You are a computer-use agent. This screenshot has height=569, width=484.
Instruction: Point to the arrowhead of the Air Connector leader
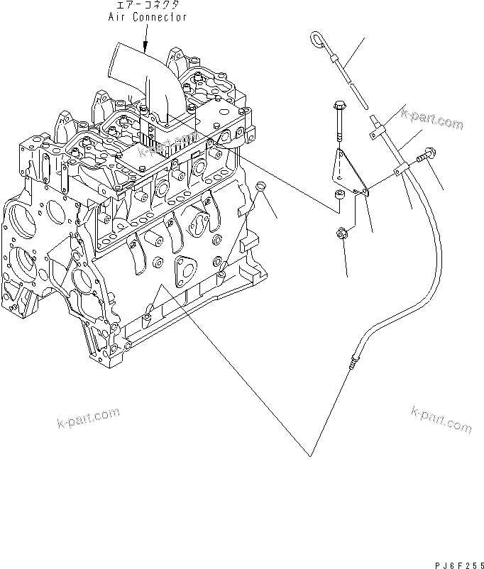(144, 53)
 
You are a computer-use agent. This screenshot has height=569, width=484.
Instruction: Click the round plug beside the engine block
(260, 187)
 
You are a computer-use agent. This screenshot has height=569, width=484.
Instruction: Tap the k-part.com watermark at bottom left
(87, 419)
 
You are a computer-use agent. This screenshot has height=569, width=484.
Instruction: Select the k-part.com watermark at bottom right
(440, 419)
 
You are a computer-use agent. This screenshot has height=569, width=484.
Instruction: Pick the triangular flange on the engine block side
(186, 268)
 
